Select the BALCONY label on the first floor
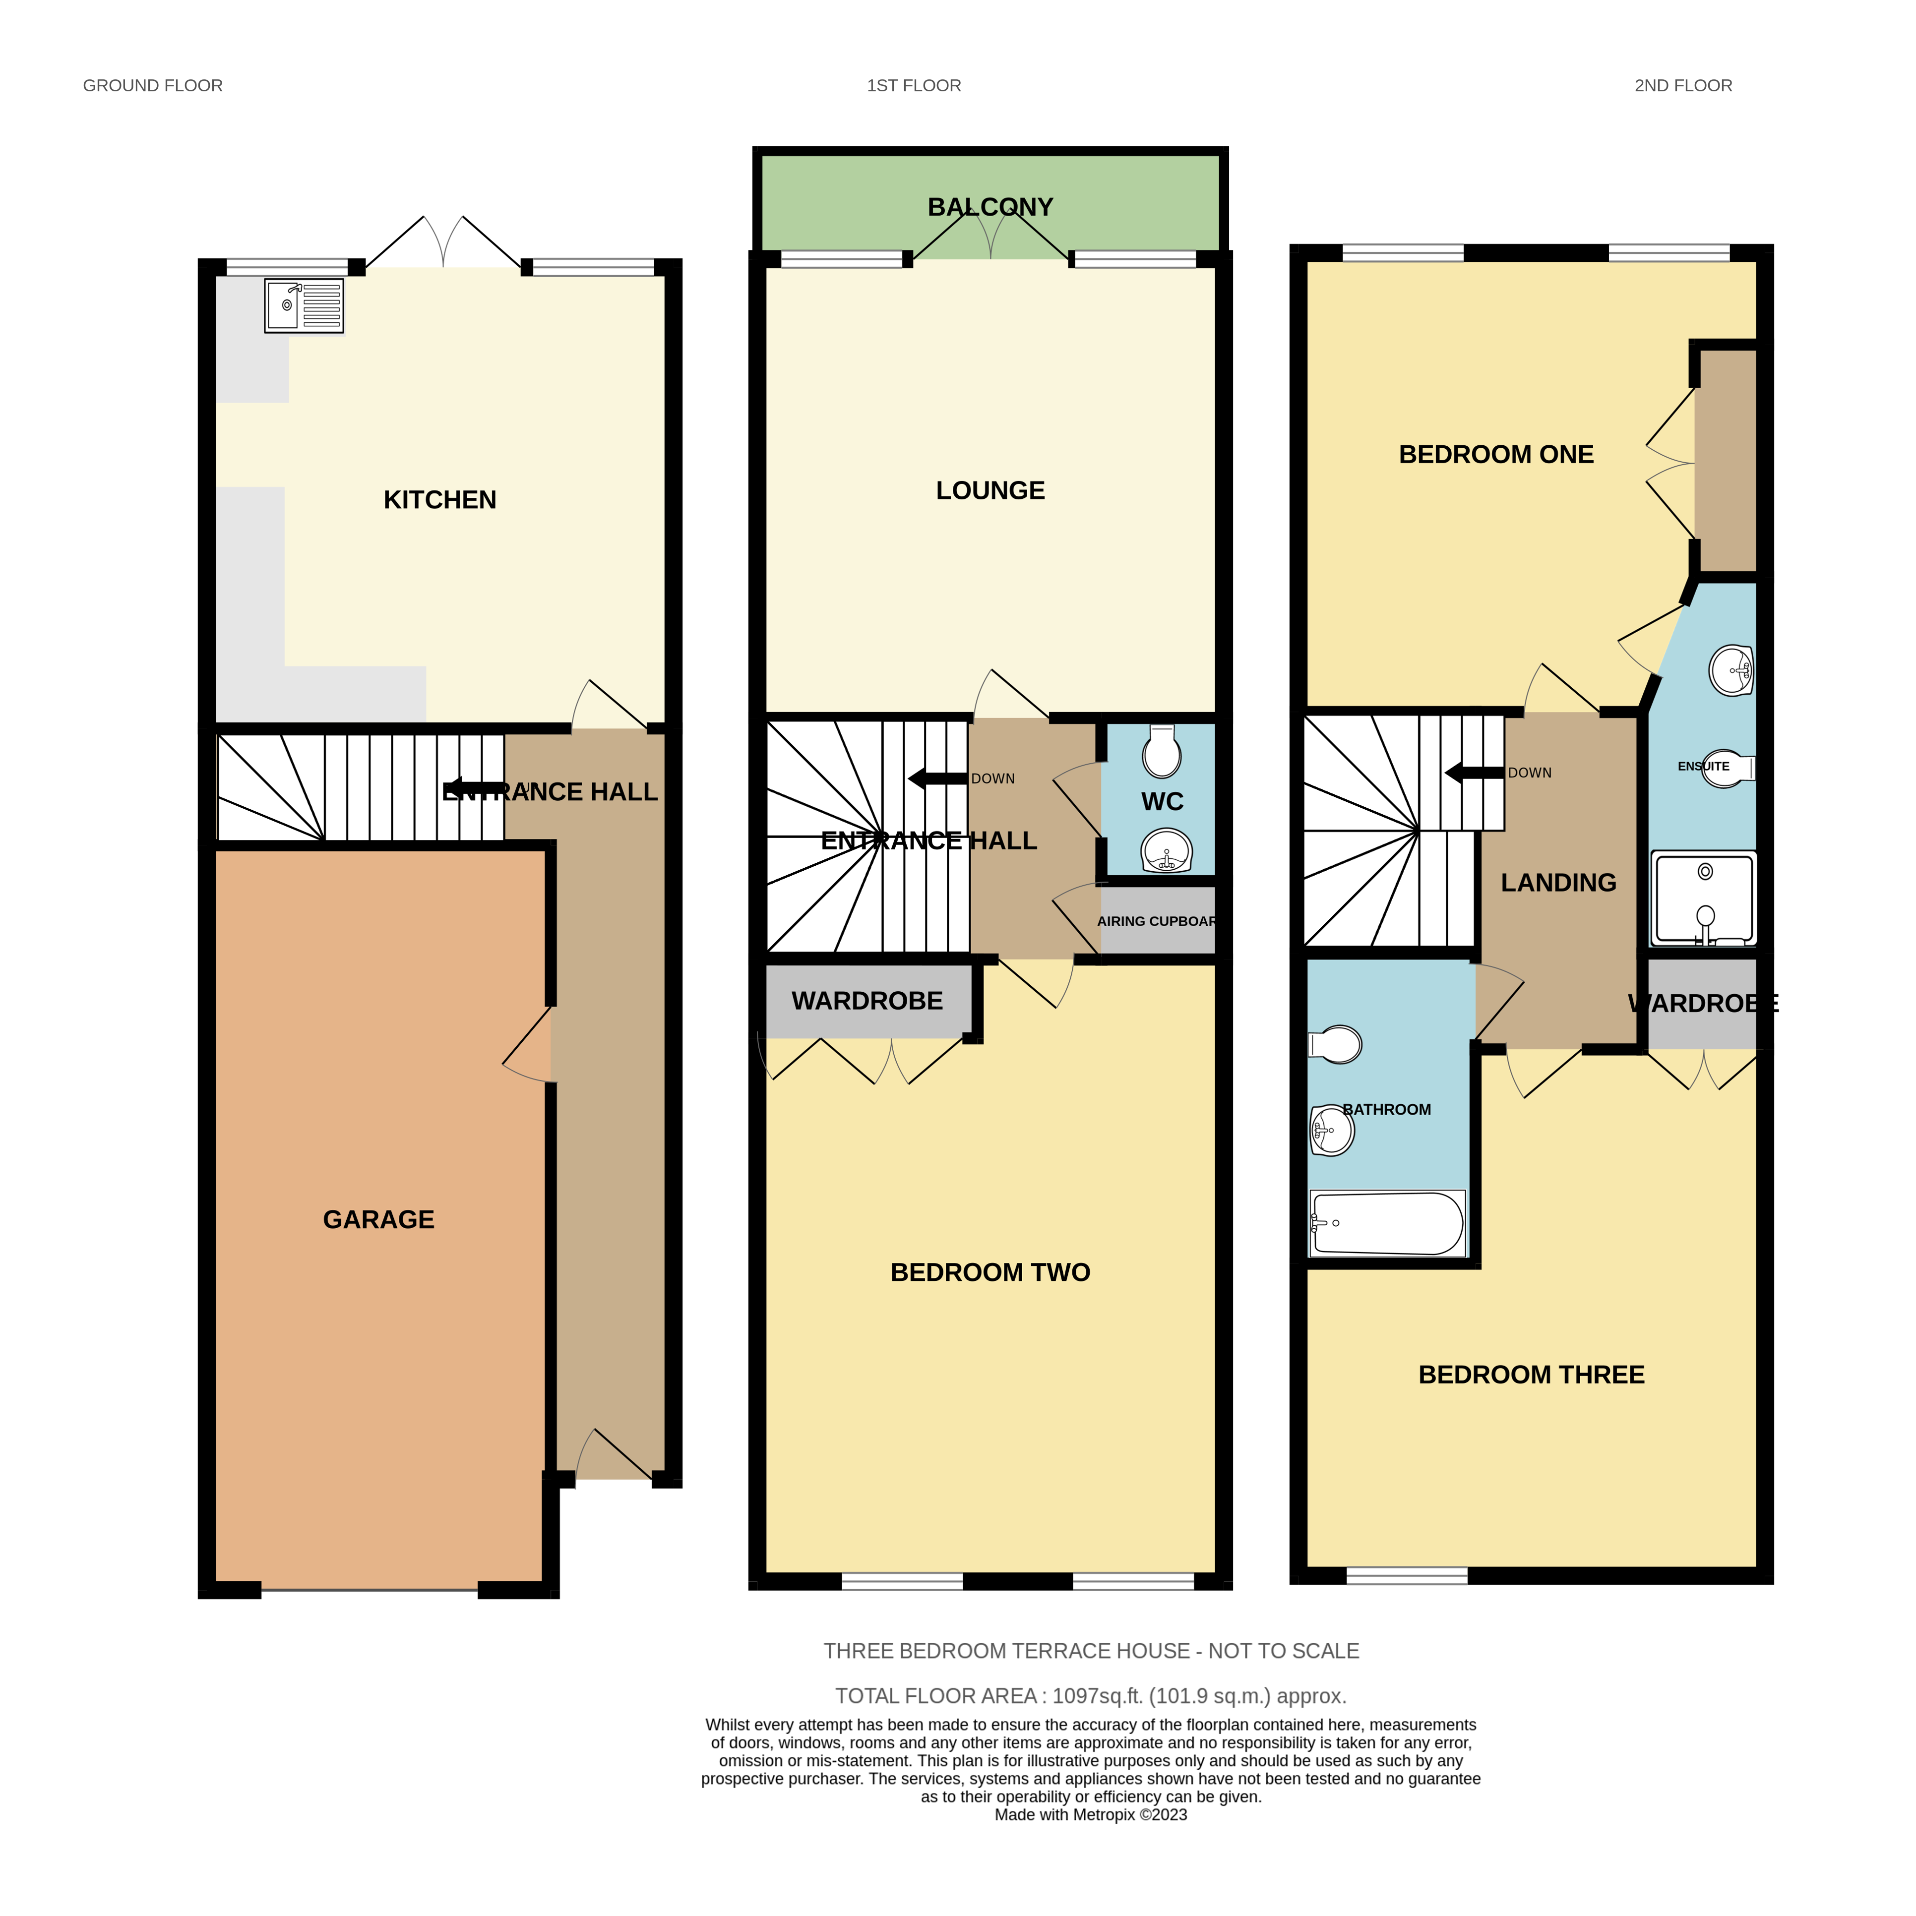tap(989, 207)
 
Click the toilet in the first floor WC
tap(1161, 751)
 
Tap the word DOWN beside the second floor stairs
tap(1529, 773)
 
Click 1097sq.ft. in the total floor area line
tap(1097, 1696)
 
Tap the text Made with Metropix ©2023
tap(1090, 1815)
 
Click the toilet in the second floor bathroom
tap(1337, 1044)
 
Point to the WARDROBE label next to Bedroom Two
tap(867, 1001)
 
